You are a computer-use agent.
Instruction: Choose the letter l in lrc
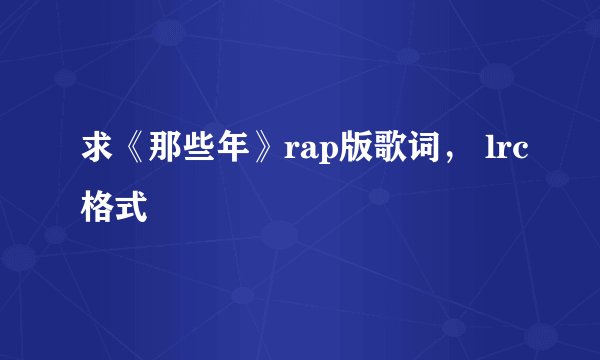[489, 152]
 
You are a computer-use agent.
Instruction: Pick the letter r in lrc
[503, 156]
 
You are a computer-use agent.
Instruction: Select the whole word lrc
[505, 154]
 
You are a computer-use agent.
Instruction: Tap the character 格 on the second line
[98, 207]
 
